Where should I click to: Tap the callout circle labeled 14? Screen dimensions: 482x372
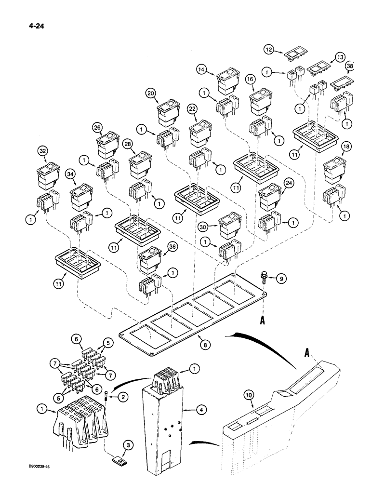(x=202, y=69)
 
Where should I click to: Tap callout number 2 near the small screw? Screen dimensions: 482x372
(x=124, y=397)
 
